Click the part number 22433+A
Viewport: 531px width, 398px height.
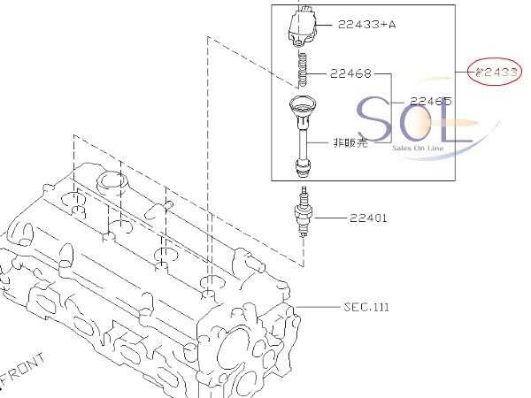tap(366, 25)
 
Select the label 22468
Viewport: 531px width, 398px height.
tap(350, 74)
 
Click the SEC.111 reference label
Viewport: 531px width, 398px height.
tap(366, 307)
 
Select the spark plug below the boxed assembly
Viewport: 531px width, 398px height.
tap(306, 215)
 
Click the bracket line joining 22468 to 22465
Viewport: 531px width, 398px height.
tap(390, 102)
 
